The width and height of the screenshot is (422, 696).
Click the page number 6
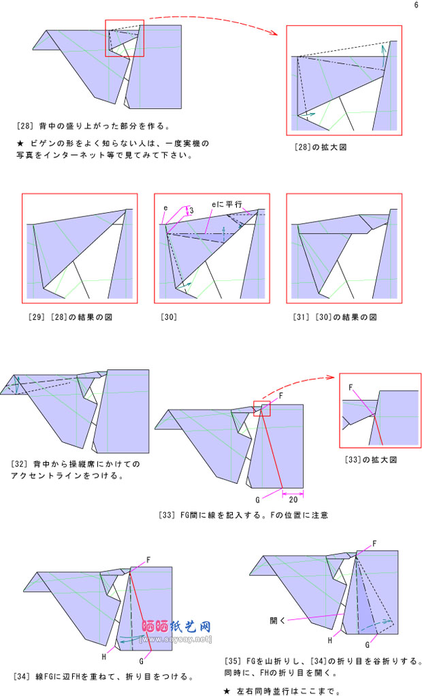pyautogui.click(x=416, y=5)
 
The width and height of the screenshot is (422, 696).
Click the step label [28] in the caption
pyautogui.click(x=25, y=126)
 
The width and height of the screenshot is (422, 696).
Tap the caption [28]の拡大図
pyautogui.click(x=321, y=147)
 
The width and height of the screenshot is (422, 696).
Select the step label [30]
pyautogui.click(x=169, y=317)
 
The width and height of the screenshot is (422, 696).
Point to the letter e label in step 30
pyautogui.click(x=165, y=208)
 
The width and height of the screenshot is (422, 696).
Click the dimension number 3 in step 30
pyautogui.click(x=192, y=210)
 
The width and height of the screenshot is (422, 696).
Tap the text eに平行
pyautogui.click(x=227, y=205)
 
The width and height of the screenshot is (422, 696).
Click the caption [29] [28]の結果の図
pyautogui.click(x=70, y=317)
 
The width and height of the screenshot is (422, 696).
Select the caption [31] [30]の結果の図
pyautogui.click(x=335, y=317)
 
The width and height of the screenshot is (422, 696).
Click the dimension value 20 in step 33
pyautogui.click(x=293, y=499)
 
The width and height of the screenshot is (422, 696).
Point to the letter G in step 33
pyautogui.click(x=257, y=500)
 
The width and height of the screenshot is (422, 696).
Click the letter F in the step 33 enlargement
pyautogui.click(x=351, y=388)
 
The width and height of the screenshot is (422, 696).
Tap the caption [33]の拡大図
pyautogui.click(x=371, y=460)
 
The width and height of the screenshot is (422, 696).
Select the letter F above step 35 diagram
pyautogui.click(x=374, y=544)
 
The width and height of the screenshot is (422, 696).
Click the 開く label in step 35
pyautogui.click(x=277, y=620)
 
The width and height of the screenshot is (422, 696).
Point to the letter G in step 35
pyautogui.click(x=368, y=645)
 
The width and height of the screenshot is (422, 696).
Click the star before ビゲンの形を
pyautogui.click(x=20, y=144)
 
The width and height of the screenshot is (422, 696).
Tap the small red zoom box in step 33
pyautogui.click(x=261, y=408)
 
